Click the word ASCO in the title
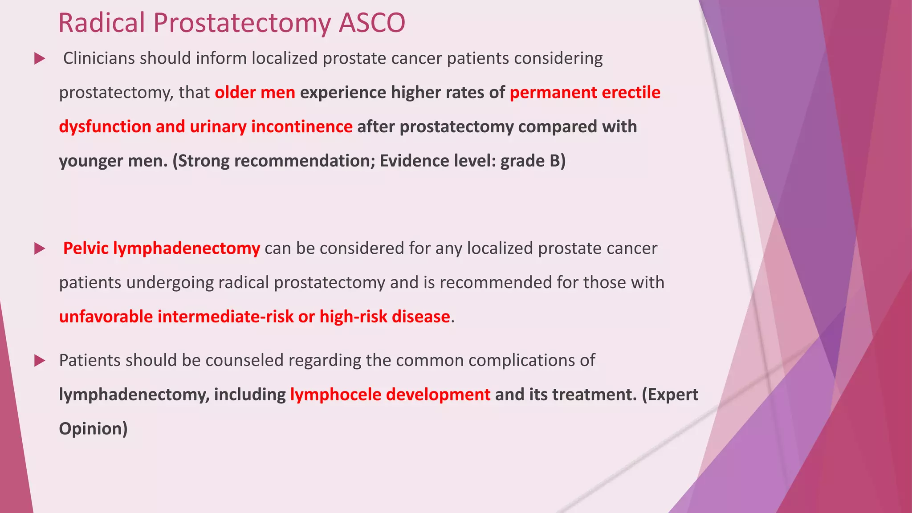click(x=371, y=23)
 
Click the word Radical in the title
click(x=102, y=23)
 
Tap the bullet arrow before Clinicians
click(x=40, y=59)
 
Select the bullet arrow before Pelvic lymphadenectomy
click(x=40, y=249)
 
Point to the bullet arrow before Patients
click(x=40, y=361)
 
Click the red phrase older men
click(x=255, y=93)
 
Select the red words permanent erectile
click(x=585, y=93)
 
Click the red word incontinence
click(x=301, y=127)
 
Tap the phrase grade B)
click(x=533, y=161)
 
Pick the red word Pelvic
click(x=85, y=248)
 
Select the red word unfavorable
click(x=106, y=317)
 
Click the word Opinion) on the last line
click(x=93, y=429)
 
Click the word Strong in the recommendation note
click(x=203, y=161)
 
